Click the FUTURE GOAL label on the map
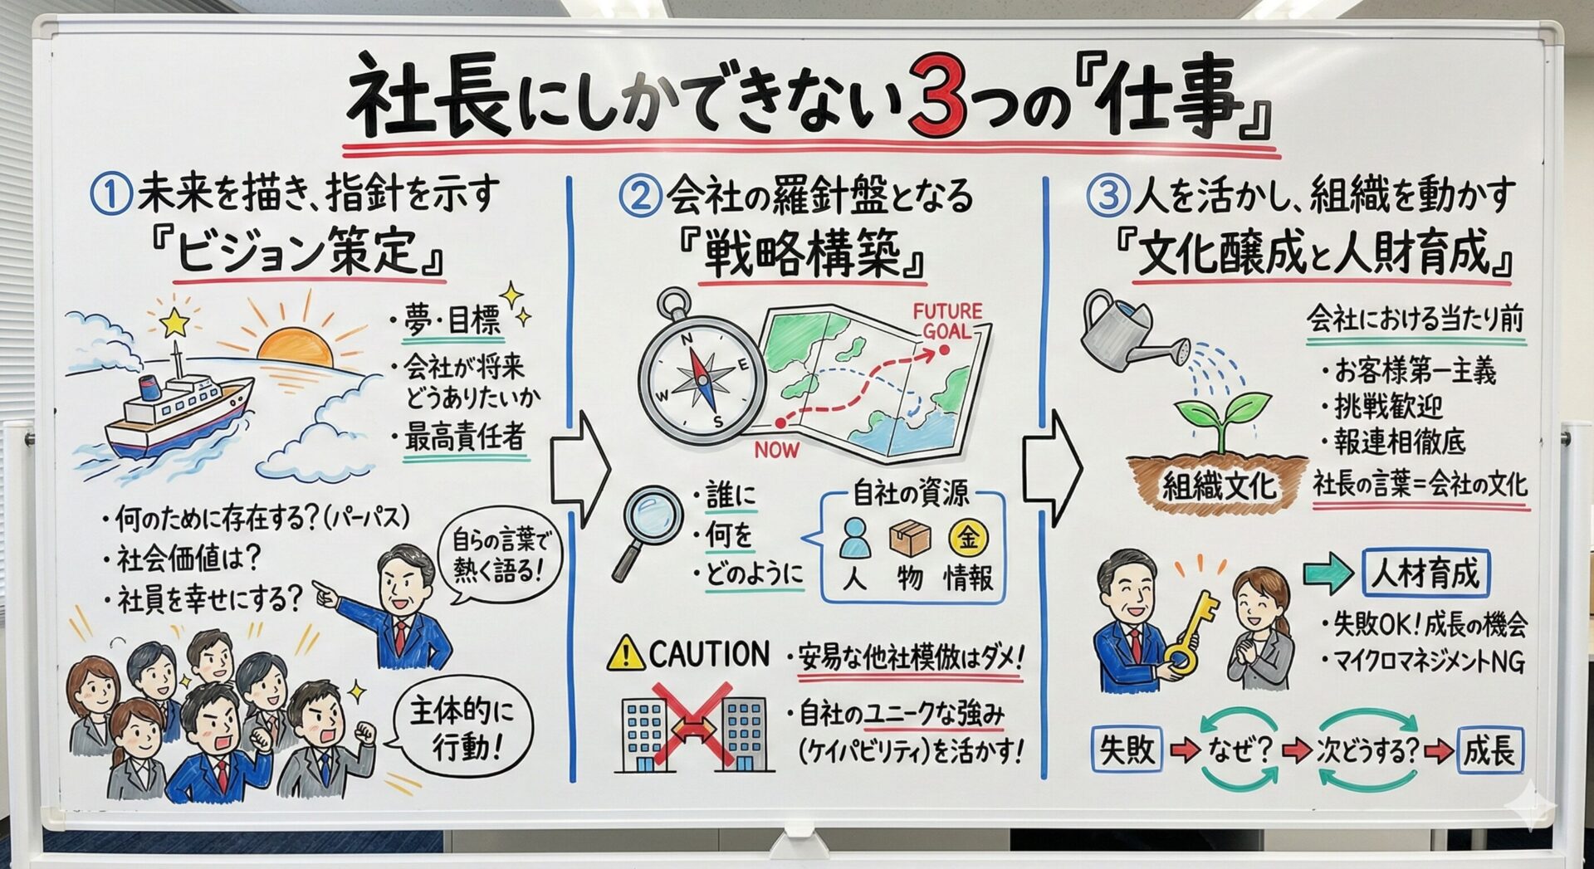pyautogui.click(x=947, y=321)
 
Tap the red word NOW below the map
pyautogui.click(x=777, y=450)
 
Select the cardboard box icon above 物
pyautogui.click(x=909, y=539)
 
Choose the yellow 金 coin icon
pyautogui.click(x=968, y=538)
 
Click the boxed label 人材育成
pyautogui.click(x=1425, y=574)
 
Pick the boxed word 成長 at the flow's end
pyautogui.click(x=1491, y=750)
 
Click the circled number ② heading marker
pyautogui.click(x=639, y=197)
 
